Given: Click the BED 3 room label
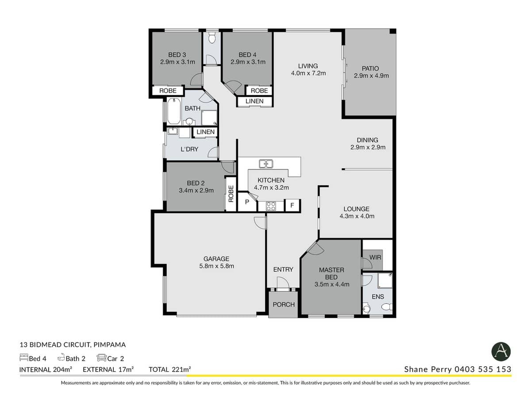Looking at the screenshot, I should (x=177, y=54).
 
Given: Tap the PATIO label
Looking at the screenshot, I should (x=371, y=69).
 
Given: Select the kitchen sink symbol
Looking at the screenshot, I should (x=266, y=164).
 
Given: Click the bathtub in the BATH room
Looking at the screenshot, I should (x=173, y=111).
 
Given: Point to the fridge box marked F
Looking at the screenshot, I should (x=292, y=206).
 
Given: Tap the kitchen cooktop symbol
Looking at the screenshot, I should (x=270, y=206).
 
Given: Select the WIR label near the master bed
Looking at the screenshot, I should (x=375, y=257).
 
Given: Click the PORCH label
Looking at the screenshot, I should (x=283, y=305).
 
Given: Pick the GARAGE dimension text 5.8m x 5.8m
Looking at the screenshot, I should (x=216, y=266).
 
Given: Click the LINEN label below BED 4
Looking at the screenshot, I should (x=254, y=101).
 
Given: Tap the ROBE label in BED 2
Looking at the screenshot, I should (x=231, y=194).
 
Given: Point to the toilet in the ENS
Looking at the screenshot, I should (x=366, y=308).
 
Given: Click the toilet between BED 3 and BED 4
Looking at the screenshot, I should (x=212, y=38).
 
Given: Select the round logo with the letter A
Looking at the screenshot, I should (x=501, y=352).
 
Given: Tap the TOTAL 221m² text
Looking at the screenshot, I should (x=170, y=369).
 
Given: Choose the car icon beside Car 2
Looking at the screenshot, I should (x=101, y=358).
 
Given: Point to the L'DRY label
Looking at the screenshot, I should (x=189, y=149).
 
